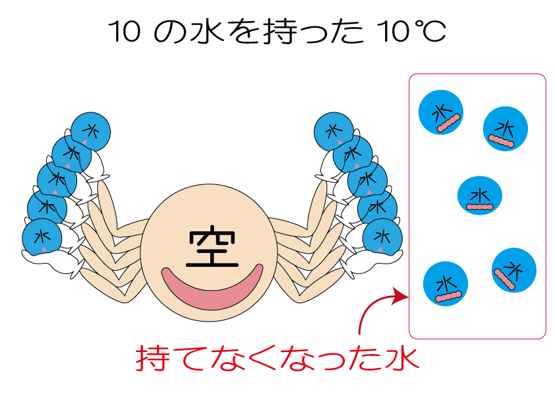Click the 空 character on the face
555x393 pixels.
[212, 248]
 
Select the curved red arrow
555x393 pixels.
[376, 308]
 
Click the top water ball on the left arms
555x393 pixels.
[90, 129]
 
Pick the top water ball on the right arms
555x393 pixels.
[334, 130]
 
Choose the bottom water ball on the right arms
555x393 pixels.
[384, 236]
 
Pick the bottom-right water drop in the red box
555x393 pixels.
[514, 271]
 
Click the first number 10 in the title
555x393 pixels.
[125, 32]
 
